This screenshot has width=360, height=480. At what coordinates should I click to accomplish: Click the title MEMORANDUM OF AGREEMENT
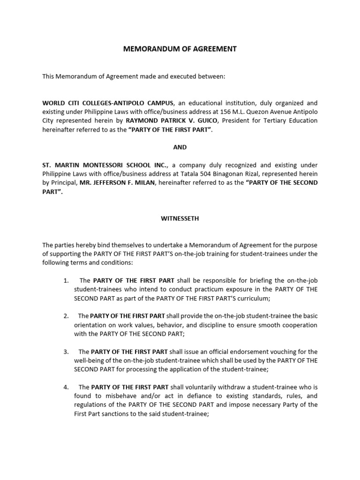[x=180, y=49]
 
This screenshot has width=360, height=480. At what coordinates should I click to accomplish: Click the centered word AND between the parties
[x=180, y=147]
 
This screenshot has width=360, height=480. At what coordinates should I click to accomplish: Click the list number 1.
[x=66, y=280]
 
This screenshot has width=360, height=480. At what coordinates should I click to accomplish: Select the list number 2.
[x=66, y=316]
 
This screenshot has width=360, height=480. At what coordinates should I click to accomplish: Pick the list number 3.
[x=66, y=352]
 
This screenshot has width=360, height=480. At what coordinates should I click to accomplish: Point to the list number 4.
[x=66, y=387]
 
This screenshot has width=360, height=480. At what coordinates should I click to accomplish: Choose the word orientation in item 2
[x=90, y=325]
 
